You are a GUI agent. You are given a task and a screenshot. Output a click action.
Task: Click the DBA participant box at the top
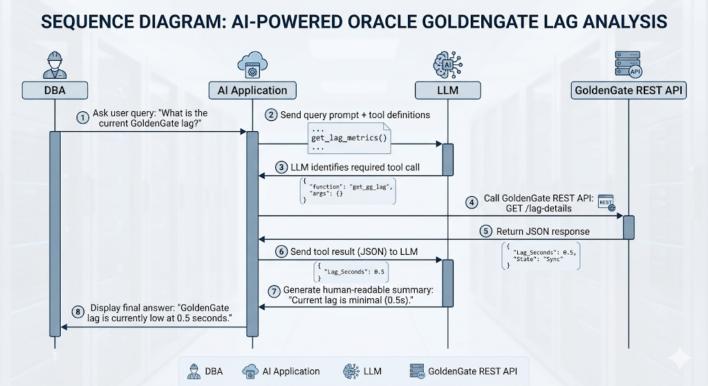tap(55, 90)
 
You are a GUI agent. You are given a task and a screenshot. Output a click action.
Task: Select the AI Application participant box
tap(248, 90)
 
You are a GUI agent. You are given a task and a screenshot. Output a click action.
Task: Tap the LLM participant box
tap(447, 90)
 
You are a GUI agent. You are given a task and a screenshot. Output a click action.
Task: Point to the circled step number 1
tap(83, 118)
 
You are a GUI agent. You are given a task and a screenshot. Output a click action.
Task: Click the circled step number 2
tap(272, 114)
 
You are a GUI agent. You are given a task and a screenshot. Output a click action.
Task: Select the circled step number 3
tap(281, 166)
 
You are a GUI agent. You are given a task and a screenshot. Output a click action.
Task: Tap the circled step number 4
tap(472, 203)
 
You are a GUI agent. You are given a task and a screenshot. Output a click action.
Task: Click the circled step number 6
tap(281, 251)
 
